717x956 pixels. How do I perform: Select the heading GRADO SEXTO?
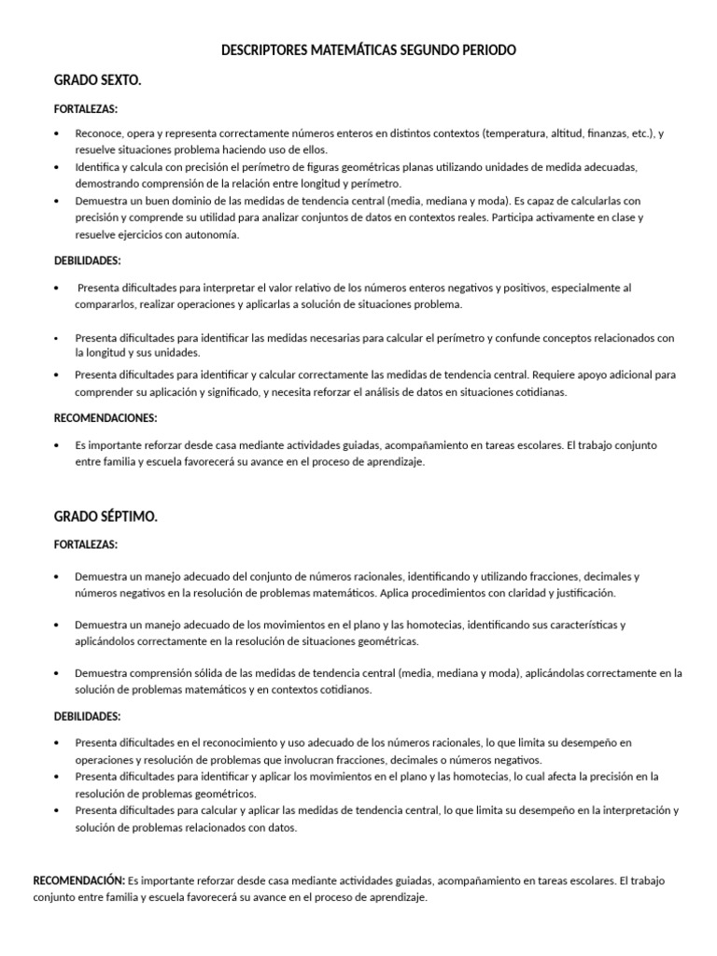click(x=98, y=81)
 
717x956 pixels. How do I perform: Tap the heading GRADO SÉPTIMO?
click(x=105, y=516)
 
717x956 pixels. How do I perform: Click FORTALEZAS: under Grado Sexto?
click(x=85, y=109)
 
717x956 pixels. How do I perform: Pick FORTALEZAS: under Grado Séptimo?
click(x=85, y=544)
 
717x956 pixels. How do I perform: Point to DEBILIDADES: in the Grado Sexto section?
click(x=87, y=260)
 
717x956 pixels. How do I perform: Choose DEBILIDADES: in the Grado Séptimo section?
click(x=87, y=716)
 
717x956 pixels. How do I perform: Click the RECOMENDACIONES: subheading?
click(x=105, y=418)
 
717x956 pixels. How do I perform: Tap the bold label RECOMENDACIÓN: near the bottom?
click(x=78, y=880)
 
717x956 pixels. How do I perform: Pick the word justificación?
click(x=583, y=593)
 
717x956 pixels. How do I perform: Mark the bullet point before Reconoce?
click(x=58, y=134)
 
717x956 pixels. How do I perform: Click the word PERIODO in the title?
click(x=485, y=49)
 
